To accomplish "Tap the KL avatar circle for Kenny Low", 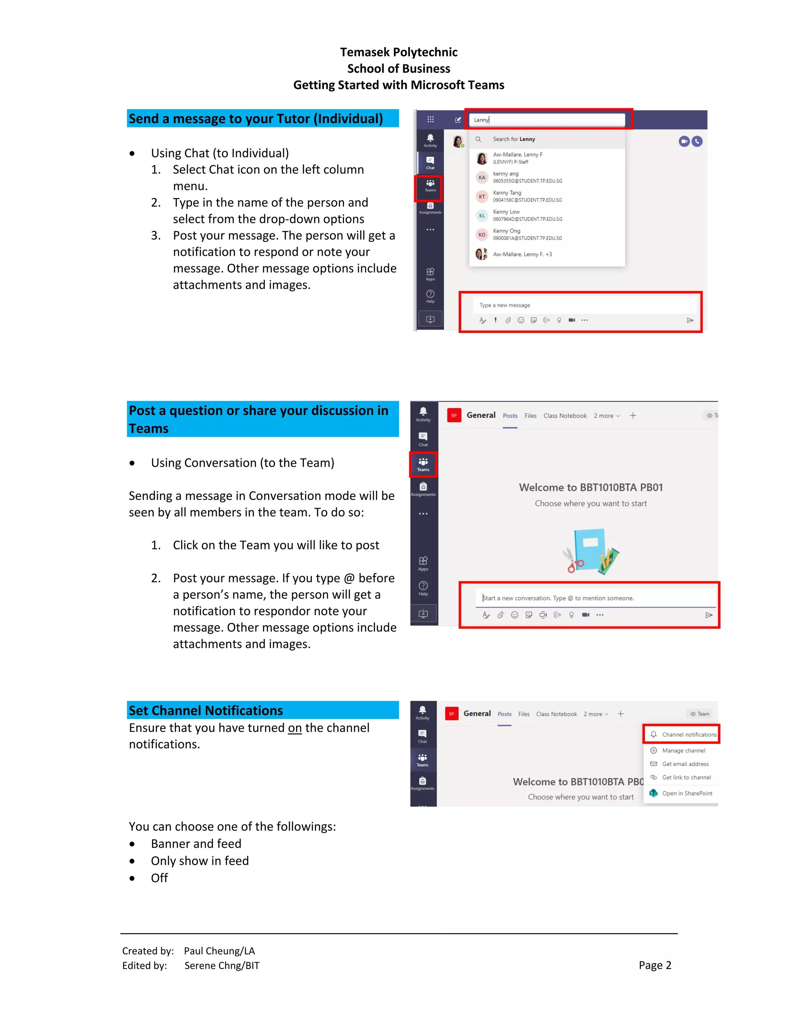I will click(x=482, y=215).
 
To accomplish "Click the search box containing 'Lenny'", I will click(x=547, y=120).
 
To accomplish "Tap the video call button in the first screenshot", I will click(x=683, y=141).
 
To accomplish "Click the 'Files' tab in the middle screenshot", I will click(x=530, y=416).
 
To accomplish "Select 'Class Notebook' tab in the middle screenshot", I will click(x=565, y=416).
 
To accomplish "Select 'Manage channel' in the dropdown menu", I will click(x=683, y=750).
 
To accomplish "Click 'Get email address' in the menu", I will click(x=685, y=764).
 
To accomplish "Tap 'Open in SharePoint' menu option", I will click(x=687, y=793).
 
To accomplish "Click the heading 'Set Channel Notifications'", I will click(x=206, y=711).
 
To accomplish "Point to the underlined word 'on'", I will click(x=295, y=728).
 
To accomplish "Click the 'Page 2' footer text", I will click(x=655, y=965).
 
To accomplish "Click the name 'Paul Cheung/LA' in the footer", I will click(x=219, y=951).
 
